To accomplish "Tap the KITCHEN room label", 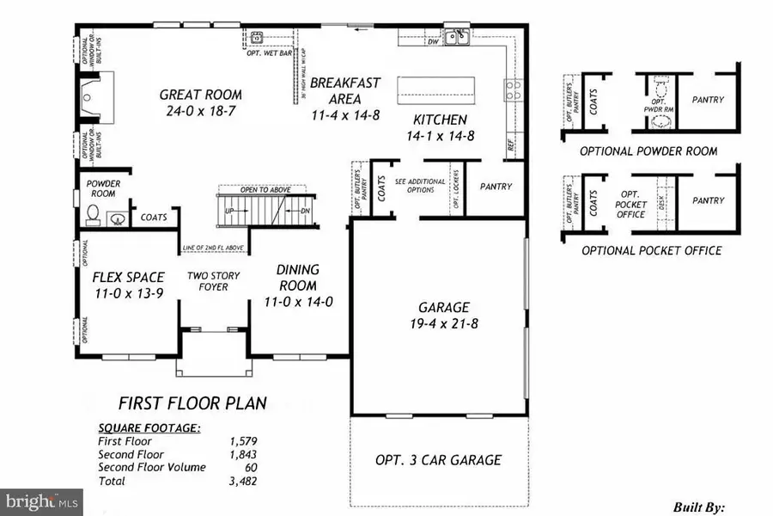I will (x=440, y=120).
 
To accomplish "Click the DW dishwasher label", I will (x=434, y=41).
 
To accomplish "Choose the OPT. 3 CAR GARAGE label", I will (x=438, y=459).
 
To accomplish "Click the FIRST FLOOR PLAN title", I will (x=192, y=402).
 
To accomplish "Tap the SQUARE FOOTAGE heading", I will (x=149, y=427).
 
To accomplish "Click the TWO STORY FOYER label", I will (x=214, y=281).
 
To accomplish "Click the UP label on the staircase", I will (x=228, y=210).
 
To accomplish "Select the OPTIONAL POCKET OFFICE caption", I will (x=651, y=250).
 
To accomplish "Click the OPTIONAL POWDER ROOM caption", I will (x=648, y=150).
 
